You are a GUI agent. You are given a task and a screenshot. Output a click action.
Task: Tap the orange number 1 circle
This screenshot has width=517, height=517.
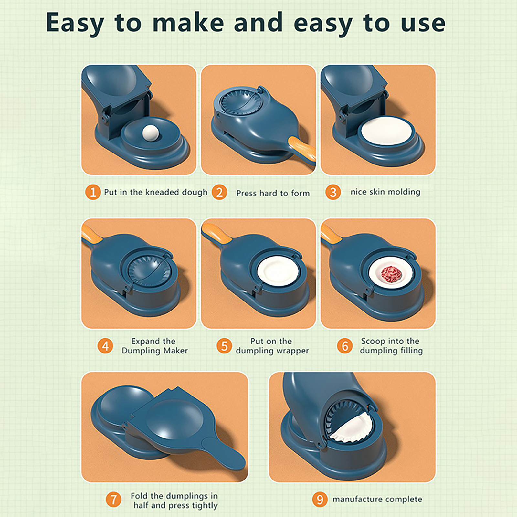tap(93, 192)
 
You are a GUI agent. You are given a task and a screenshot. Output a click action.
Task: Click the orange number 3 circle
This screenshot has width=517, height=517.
tap(333, 192)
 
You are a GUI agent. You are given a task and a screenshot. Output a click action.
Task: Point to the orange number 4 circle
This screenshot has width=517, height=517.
tap(105, 346)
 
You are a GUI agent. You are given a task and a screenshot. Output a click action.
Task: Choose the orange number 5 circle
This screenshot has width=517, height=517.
tap(224, 346)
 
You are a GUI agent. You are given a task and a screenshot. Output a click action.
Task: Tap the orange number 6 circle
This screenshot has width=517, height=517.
tap(345, 346)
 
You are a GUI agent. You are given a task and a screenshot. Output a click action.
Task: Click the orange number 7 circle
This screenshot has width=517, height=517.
tap(113, 500)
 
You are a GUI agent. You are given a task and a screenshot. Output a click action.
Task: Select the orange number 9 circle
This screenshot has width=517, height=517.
tap(320, 500)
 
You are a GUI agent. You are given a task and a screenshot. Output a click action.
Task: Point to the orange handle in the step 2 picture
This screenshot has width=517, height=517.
tap(301, 149)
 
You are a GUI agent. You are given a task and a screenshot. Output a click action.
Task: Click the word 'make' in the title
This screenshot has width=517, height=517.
tap(188, 23)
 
